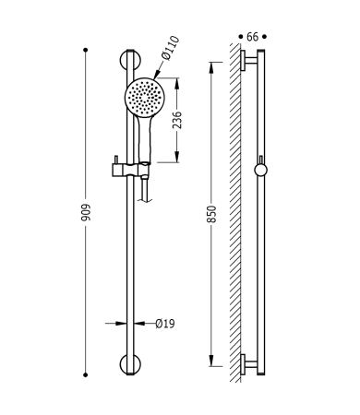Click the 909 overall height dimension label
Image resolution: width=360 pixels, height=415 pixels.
click(x=86, y=212)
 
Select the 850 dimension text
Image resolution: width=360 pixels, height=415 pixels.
click(x=212, y=214)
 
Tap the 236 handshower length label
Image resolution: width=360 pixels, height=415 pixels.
click(x=177, y=120)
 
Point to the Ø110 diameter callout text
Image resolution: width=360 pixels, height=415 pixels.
click(x=170, y=48)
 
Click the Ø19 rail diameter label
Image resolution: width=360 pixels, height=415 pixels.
click(x=165, y=324)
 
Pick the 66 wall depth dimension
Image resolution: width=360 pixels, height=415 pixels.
click(x=252, y=37)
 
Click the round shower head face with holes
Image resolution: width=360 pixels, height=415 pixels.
click(x=145, y=97)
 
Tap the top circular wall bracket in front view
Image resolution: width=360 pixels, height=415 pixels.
click(x=130, y=61)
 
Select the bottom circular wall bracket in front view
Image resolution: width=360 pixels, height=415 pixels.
click(x=130, y=364)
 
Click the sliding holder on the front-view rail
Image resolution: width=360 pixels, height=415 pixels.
click(x=131, y=170)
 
